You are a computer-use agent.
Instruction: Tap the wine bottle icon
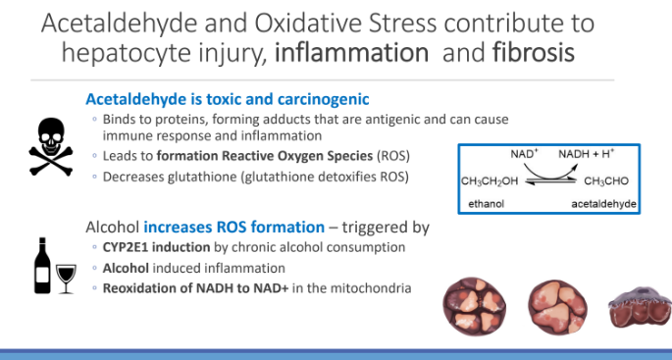coord(42,264)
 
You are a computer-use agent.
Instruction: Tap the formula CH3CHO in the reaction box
coord(604,181)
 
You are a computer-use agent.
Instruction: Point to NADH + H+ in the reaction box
coord(587,154)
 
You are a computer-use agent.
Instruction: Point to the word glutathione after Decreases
coord(201,176)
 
